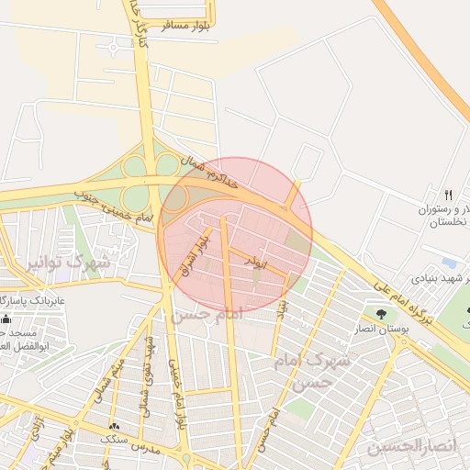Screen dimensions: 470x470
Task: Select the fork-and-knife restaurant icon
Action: coord(449,195)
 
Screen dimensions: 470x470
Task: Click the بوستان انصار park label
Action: coord(378,329)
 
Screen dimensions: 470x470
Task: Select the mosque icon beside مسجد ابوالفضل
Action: coord(6,319)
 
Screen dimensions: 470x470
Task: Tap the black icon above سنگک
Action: coord(114,427)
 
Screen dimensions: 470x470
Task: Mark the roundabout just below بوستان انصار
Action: coord(401,344)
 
